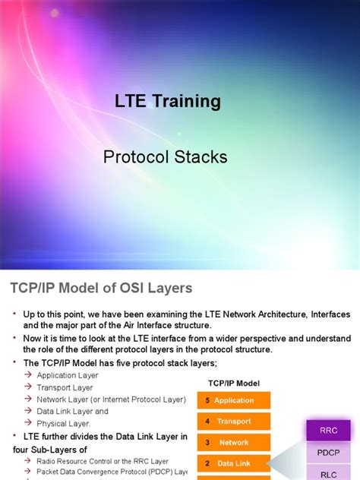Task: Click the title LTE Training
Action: pos(167,101)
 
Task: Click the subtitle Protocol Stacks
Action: pos(165,157)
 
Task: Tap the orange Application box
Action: pos(233,400)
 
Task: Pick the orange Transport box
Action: pos(233,422)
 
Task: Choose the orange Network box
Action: pos(233,442)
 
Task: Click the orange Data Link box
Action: pos(233,463)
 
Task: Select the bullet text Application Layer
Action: pos(68,374)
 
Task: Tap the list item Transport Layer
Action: pos(65,387)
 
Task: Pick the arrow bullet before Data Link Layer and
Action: pos(28,411)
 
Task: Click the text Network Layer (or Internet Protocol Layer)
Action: pos(111,399)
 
